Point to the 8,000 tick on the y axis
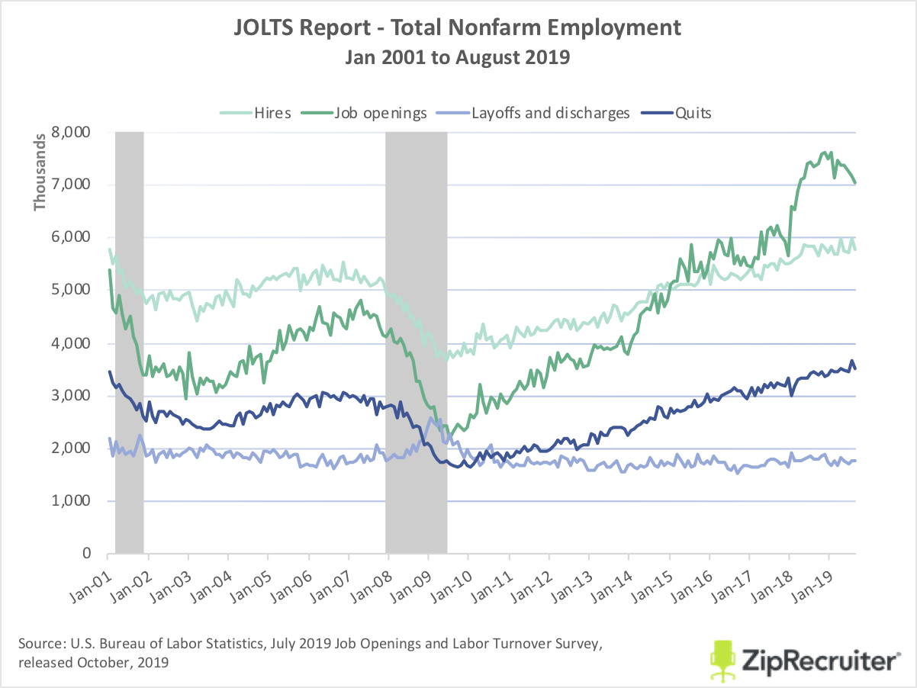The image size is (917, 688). [73, 132]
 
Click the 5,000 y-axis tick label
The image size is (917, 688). [73, 291]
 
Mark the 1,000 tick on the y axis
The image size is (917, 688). [73, 501]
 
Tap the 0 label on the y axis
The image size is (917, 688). [86, 554]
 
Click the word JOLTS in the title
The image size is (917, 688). [264, 29]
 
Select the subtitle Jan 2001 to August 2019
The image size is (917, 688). [458, 57]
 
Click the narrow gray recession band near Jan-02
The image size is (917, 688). [130, 343]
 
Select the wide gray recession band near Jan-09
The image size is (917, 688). [416, 343]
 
